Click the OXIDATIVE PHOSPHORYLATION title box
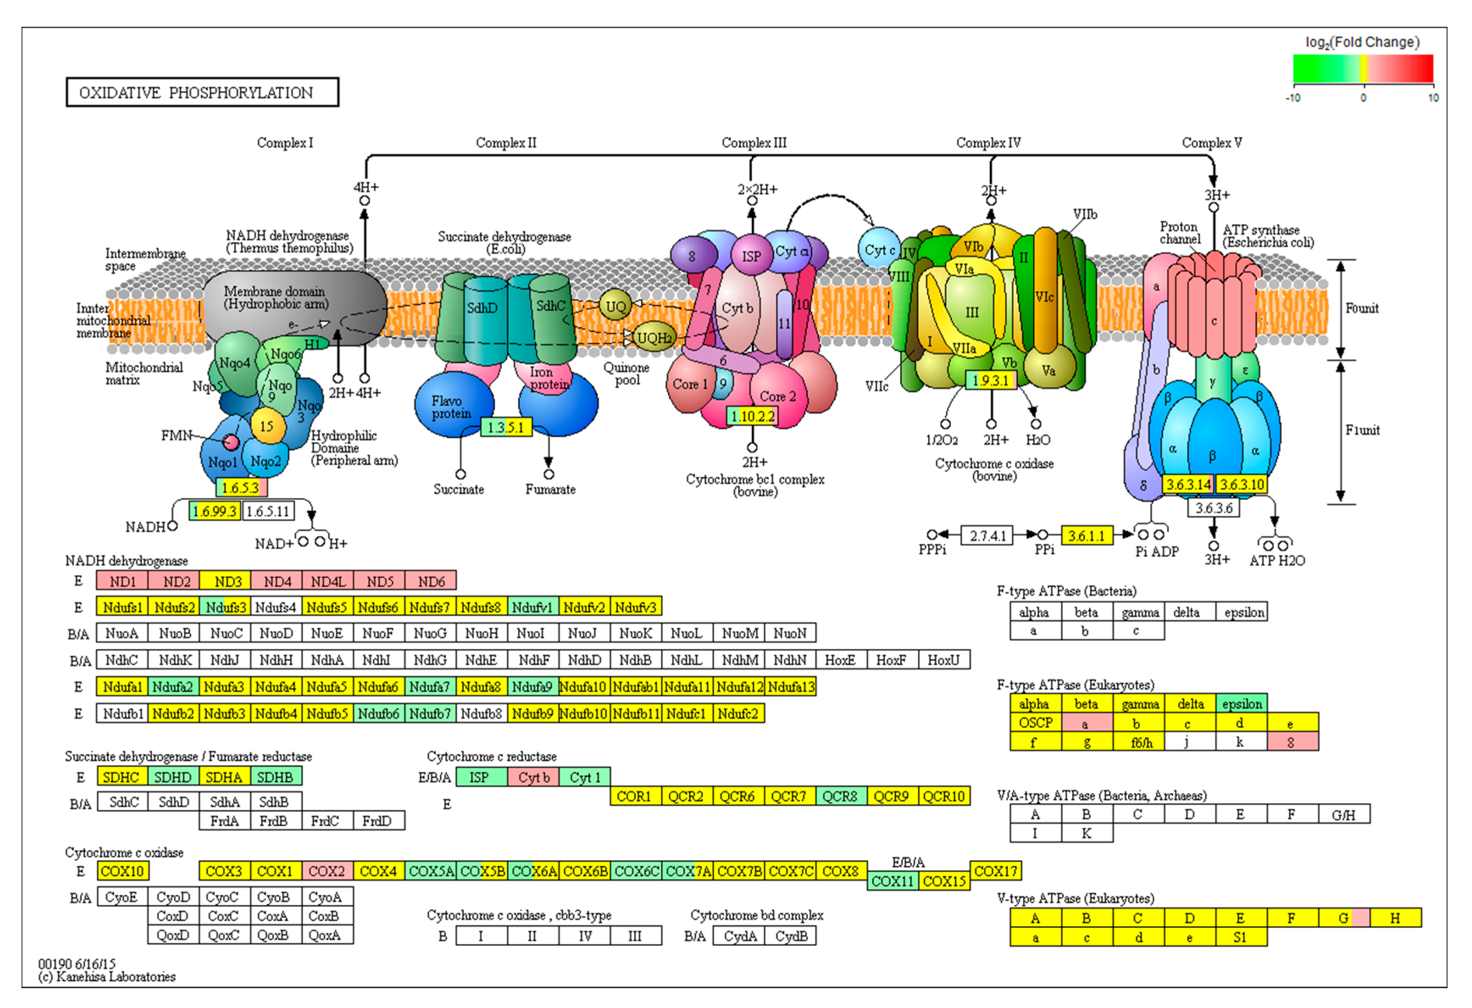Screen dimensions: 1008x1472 point(202,92)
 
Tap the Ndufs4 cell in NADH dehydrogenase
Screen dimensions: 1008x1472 point(275,607)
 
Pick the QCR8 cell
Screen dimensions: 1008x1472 point(840,796)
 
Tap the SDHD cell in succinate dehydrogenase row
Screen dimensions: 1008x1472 point(172,777)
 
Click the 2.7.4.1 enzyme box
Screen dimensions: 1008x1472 point(987,536)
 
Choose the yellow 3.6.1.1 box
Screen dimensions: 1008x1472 point(1086,536)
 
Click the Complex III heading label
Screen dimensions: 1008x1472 point(754,142)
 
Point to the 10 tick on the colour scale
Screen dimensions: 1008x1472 point(1433,97)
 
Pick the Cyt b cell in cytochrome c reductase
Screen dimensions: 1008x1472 point(533,777)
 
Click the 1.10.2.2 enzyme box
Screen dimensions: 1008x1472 point(752,416)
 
